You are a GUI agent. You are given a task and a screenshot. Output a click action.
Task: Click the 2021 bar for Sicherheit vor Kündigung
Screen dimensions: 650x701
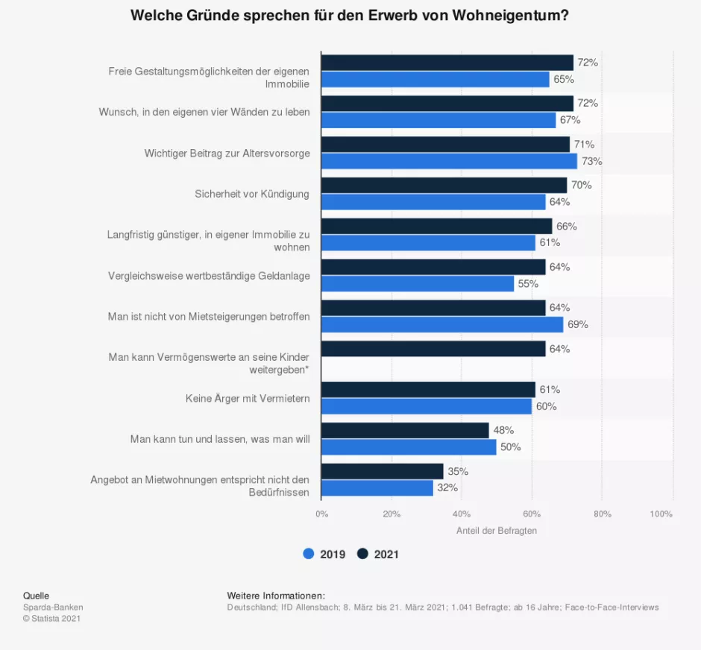[x=444, y=186]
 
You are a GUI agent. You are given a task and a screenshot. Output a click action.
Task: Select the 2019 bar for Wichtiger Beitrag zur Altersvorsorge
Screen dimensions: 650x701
[x=449, y=161]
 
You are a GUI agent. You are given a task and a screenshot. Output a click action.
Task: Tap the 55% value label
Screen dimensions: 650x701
[x=528, y=284]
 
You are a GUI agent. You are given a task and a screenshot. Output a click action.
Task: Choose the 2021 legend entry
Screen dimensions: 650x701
[x=378, y=554]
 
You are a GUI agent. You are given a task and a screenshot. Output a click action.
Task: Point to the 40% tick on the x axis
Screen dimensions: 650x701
[x=462, y=514]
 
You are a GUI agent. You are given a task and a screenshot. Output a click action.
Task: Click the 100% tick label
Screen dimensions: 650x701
[x=661, y=514]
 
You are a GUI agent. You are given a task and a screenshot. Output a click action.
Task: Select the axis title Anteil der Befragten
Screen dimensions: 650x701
[x=496, y=531]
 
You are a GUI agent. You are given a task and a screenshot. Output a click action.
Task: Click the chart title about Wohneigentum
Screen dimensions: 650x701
[x=350, y=16]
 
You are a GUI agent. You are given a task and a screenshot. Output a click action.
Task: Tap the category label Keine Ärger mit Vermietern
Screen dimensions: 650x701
[x=248, y=399]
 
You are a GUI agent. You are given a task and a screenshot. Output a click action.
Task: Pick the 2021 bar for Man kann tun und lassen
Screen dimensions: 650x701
[x=405, y=431]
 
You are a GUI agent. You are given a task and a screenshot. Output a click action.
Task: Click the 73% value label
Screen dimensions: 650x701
[x=592, y=161]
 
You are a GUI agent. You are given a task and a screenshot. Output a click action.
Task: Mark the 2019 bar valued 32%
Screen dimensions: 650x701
[x=377, y=488]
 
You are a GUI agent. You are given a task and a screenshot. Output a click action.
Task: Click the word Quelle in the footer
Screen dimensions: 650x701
[x=36, y=596]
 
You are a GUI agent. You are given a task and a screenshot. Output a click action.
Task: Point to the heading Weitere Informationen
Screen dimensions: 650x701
[x=276, y=596]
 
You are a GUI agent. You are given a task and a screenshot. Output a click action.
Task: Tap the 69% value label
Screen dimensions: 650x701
[x=578, y=325]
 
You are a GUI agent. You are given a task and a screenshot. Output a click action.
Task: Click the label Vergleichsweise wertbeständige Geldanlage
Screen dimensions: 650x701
[x=209, y=276]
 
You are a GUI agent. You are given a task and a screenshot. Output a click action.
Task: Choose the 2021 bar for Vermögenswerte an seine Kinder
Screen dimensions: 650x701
[x=433, y=349]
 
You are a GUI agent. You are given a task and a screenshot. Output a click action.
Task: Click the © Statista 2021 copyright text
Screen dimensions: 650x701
[x=51, y=619]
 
